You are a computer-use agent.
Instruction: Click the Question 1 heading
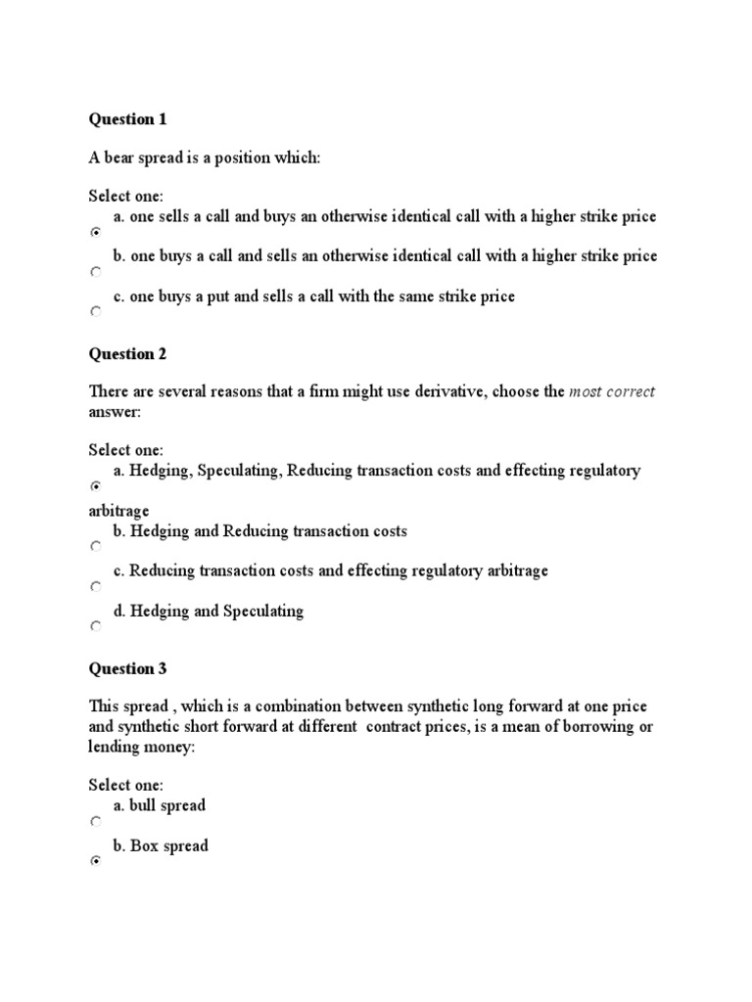coord(127,119)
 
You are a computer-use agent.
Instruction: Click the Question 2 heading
coord(127,353)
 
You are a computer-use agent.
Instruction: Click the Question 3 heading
coord(127,669)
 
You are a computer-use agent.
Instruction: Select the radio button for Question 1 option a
coord(95,233)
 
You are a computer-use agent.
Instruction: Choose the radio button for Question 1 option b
coord(95,272)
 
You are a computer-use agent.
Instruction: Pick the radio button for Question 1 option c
coord(95,311)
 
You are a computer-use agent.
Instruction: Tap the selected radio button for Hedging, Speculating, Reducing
coord(95,486)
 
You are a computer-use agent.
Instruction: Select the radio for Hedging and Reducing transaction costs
coord(95,547)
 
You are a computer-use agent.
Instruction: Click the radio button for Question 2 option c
coord(95,587)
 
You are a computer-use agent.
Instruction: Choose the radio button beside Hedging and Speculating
coord(95,627)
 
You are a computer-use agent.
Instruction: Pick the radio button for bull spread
coord(95,821)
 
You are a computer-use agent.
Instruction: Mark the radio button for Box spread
coord(95,861)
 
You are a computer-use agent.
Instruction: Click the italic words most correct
coord(612,391)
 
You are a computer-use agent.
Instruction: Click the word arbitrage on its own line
coord(118,511)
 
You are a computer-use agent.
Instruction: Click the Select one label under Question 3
coord(126,785)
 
